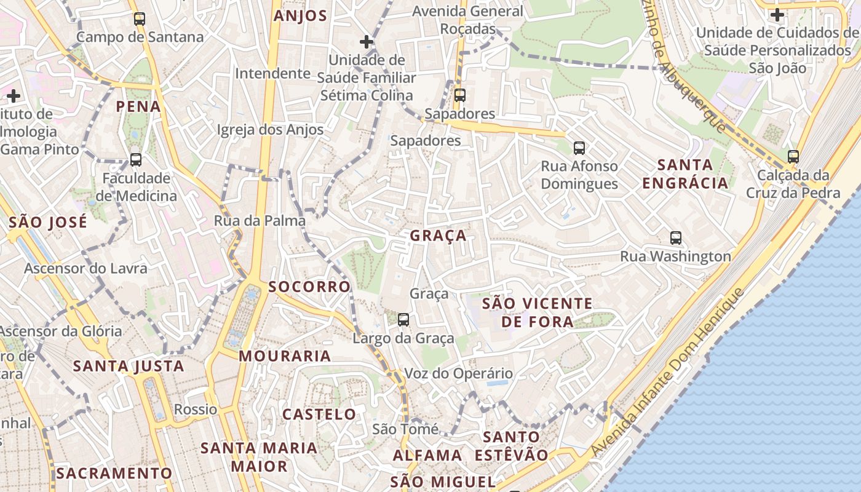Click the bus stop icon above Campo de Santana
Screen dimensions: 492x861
[x=140, y=19]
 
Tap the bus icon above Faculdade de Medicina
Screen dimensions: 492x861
[x=136, y=160]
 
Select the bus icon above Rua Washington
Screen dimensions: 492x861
[x=676, y=238]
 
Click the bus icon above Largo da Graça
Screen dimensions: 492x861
[x=403, y=320]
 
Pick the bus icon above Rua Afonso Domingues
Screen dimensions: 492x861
[x=579, y=148]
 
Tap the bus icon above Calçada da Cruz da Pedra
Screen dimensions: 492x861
[x=793, y=157]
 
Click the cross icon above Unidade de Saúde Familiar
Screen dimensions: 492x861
[x=367, y=42]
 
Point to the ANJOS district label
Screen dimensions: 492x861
[x=300, y=16]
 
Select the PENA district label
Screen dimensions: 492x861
[x=138, y=106]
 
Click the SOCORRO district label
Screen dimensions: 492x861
[x=309, y=287]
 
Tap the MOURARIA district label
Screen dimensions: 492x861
[x=285, y=356]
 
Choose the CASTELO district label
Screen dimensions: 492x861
[x=319, y=415]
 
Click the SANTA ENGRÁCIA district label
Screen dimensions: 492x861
[x=685, y=174]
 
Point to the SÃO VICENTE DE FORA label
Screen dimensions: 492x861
[x=538, y=312]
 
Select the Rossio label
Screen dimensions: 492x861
[x=196, y=410]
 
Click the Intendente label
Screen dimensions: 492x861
[x=272, y=74]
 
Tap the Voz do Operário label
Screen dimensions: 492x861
[x=458, y=373]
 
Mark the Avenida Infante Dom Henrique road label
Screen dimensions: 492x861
[x=667, y=373]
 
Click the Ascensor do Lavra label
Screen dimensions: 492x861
[x=85, y=269]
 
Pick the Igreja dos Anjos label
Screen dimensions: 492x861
[x=270, y=130]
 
